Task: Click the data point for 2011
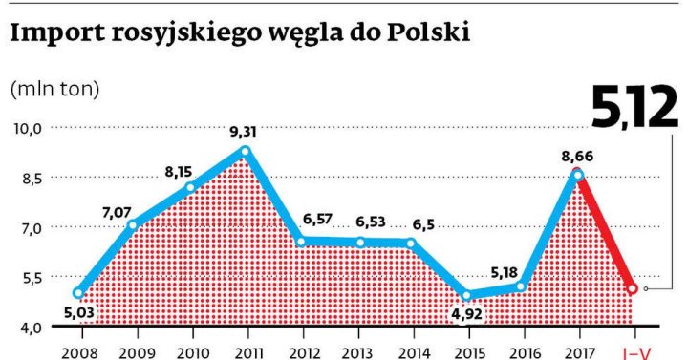point(247,152)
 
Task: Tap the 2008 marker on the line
point(78,293)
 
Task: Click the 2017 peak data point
point(576,174)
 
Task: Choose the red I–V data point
point(632,287)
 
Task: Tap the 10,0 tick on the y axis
point(27,128)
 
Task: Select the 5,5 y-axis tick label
point(28,277)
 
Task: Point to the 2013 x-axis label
point(357,351)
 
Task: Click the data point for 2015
point(466,295)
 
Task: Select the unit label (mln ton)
point(54,89)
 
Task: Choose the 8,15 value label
point(180,172)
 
